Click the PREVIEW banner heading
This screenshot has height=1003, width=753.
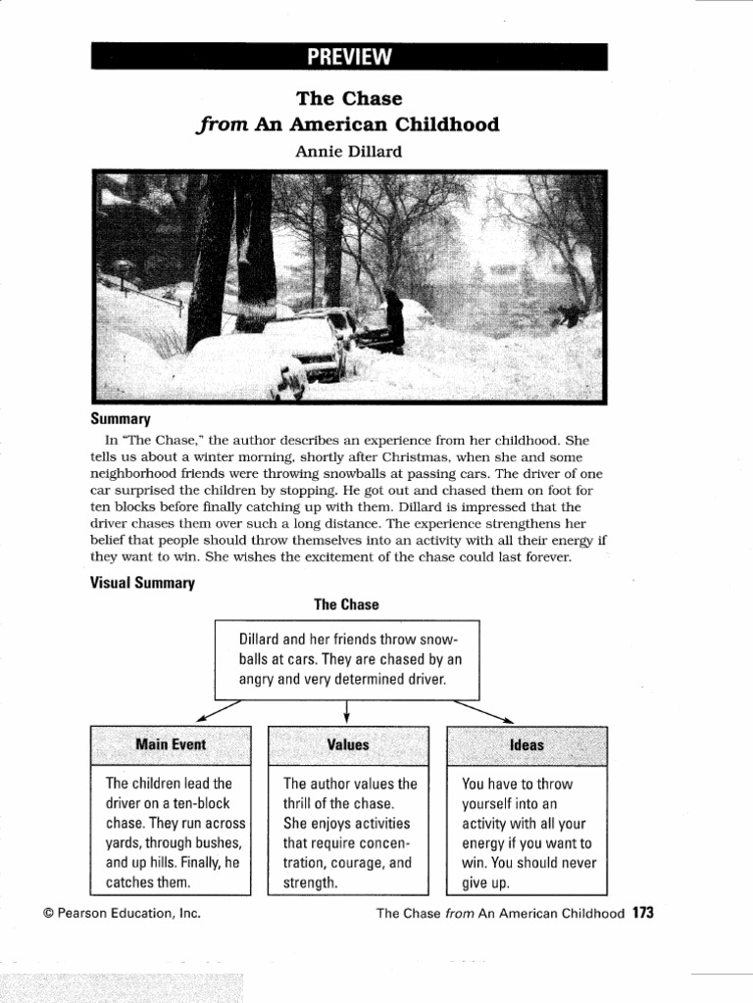[349, 57]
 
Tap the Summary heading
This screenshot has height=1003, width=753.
[121, 418]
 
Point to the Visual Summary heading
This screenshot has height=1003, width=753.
[143, 583]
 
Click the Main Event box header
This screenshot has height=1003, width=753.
[171, 744]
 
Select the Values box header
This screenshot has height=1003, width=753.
[348, 744]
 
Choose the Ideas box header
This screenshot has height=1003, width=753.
[527, 745]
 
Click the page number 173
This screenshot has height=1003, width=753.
[643, 913]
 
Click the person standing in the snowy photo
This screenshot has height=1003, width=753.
[394, 320]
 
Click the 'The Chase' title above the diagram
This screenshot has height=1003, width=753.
[346, 604]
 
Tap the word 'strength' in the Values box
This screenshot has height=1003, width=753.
[308, 883]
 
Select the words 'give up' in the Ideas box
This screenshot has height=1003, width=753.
[486, 883]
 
